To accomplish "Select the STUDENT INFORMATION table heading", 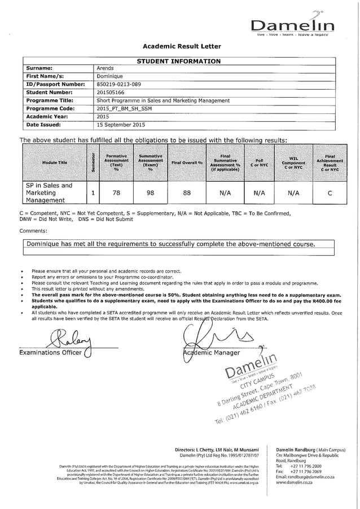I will point(179,61).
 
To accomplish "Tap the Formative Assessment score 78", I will point(117,192).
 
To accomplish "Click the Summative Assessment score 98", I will point(151,192).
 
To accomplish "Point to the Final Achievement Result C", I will point(330,192).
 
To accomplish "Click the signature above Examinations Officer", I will point(65,339).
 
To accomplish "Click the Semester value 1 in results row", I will point(92,192).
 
